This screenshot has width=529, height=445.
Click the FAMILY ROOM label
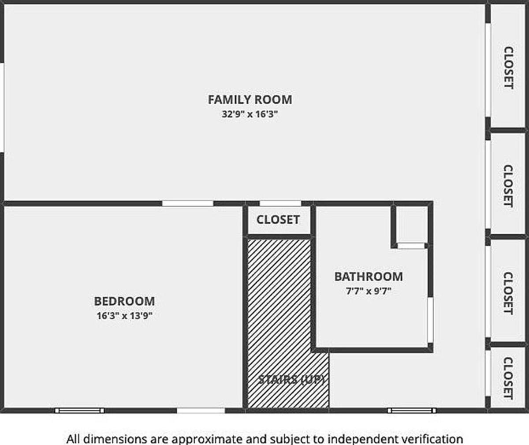(250, 100)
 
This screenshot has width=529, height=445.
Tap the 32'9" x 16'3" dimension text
(250, 114)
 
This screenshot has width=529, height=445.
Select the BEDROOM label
(124, 301)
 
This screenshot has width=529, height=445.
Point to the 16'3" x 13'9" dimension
(124, 316)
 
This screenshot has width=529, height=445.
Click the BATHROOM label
(369, 277)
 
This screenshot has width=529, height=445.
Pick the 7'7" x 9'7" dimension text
(369, 291)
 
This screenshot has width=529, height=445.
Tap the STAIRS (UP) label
(291, 379)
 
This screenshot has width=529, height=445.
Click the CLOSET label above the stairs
(278, 220)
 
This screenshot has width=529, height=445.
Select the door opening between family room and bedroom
(188, 203)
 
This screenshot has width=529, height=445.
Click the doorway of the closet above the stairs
(280, 203)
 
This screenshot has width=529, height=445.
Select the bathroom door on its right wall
(430, 320)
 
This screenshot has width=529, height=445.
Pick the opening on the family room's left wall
(2, 108)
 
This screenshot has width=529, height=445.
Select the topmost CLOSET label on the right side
(508, 67)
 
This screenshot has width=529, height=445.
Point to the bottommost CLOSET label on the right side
(508, 378)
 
